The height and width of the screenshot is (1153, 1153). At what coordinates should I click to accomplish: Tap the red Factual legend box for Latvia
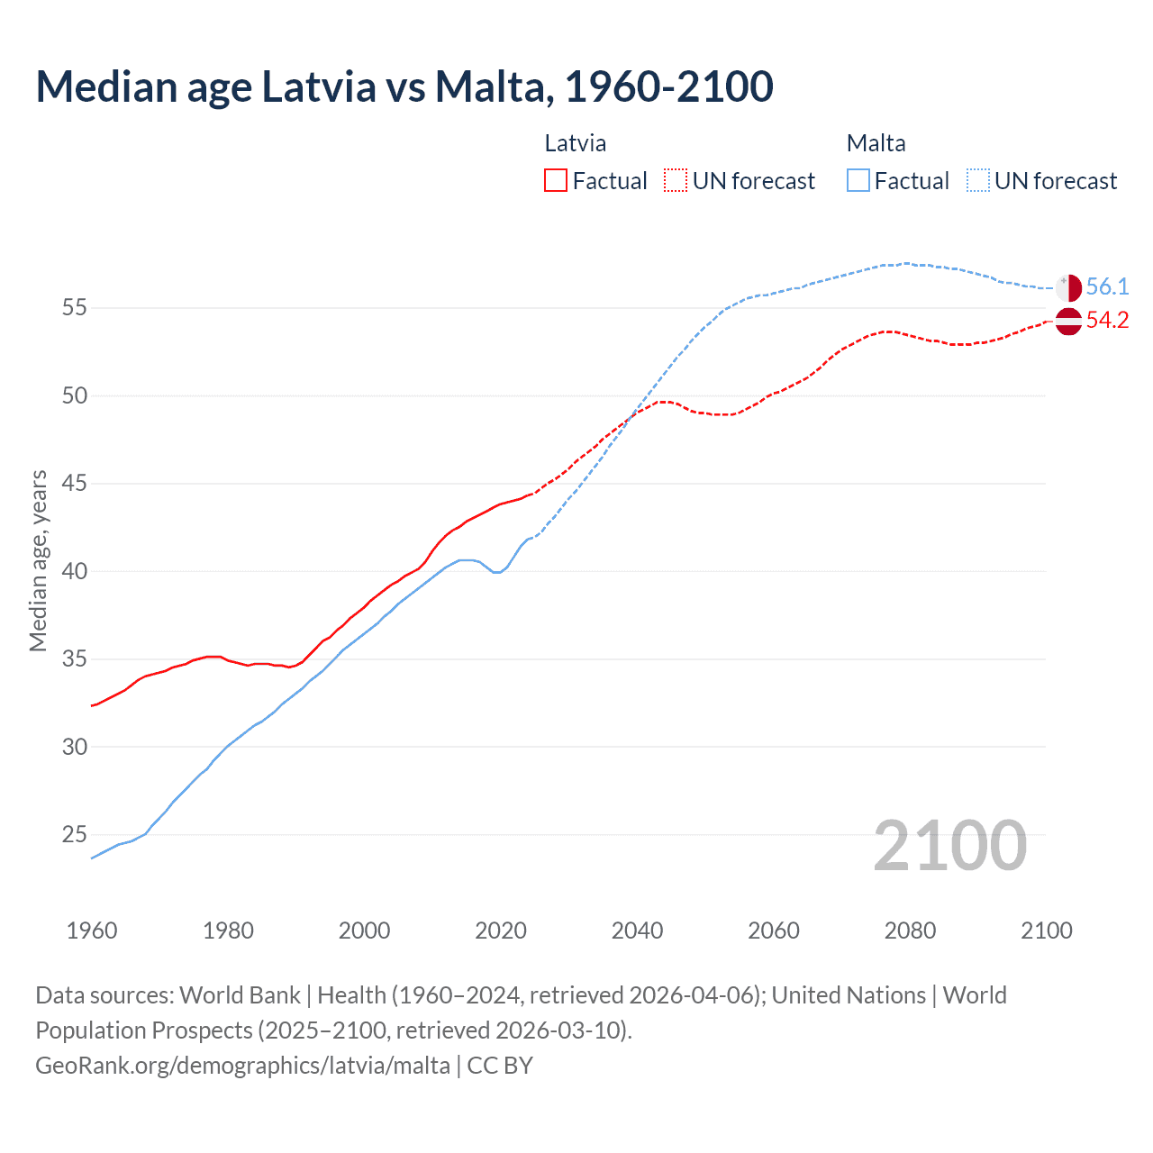coord(556,181)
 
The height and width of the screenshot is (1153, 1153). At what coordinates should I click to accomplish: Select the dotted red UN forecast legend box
coord(676,181)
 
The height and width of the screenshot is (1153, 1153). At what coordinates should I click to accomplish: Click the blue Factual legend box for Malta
coord(858,181)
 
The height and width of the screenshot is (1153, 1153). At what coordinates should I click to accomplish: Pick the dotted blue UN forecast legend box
coord(978,181)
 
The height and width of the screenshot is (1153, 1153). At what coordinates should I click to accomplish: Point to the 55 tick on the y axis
coord(75,308)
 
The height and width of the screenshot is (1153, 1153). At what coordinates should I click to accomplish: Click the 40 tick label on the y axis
coord(75,572)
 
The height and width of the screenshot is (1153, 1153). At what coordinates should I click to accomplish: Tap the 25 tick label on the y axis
coord(75,835)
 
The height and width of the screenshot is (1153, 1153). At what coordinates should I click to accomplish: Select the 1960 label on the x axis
coord(92,931)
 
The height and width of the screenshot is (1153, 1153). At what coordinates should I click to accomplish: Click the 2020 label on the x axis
coord(501,931)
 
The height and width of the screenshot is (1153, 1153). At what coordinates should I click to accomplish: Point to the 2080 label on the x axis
coord(910,931)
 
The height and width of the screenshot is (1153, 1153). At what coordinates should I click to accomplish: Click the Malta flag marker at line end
coord(1068,288)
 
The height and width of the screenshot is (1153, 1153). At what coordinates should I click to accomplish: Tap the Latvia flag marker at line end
coord(1068,321)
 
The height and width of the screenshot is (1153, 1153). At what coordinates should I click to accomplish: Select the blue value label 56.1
coord(1107,287)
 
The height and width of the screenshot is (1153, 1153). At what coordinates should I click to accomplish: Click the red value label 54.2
coord(1107,321)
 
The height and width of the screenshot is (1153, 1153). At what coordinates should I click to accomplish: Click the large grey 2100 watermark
coord(949,846)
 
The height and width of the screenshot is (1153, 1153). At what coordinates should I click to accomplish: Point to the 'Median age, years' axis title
coord(38,560)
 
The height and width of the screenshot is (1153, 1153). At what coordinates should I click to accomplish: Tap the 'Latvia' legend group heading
coord(576,143)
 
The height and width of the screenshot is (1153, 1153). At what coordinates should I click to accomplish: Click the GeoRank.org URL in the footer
coord(242,1066)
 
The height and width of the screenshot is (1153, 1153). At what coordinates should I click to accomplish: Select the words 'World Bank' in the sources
coord(240,995)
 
